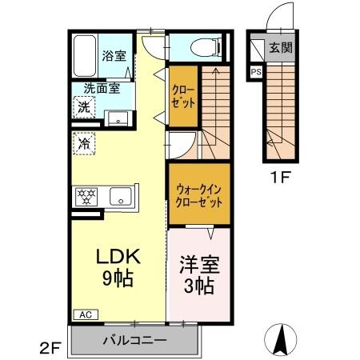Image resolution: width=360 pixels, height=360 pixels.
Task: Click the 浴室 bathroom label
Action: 114,55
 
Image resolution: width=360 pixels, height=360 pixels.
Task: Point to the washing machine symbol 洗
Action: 84,107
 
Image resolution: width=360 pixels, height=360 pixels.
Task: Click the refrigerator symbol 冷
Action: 83,146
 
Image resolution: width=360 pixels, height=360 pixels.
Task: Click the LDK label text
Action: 118,257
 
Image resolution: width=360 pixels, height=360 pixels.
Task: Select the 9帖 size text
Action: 118,279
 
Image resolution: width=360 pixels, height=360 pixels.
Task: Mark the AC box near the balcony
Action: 85,314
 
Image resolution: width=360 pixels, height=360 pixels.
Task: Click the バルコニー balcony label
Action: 134,341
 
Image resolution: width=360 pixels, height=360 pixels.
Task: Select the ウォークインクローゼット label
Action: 200,197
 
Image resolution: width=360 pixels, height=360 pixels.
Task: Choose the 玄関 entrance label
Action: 281,47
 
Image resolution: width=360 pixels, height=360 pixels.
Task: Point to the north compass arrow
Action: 282,339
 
